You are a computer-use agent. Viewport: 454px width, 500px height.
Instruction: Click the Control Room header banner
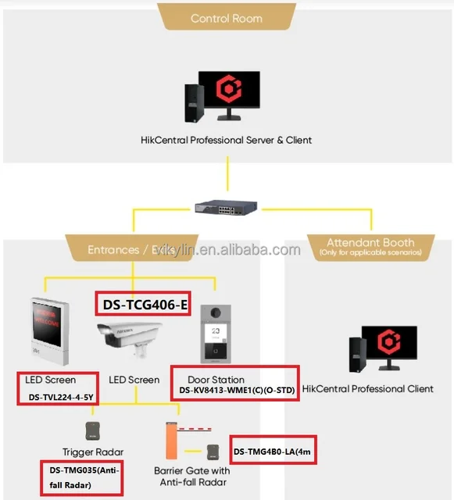click(x=227, y=18)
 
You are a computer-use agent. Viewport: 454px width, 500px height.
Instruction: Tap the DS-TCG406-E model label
click(x=142, y=305)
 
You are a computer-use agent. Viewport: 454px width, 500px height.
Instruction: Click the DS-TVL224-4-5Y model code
click(x=61, y=397)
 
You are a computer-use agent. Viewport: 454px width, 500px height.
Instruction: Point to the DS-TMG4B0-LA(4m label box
click(x=273, y=451)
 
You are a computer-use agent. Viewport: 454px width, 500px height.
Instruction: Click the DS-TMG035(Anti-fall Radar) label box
click(x=81, y=476)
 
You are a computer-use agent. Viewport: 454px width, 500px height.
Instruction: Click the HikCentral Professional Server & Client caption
click(x=227, y=140)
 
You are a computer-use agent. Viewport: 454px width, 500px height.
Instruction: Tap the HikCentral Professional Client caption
click(x=367, y=388)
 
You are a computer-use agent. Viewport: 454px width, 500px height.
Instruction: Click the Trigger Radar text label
click(x=93, y=452)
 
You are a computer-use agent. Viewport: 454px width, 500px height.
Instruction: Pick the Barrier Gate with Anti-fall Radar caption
click(x=191, y=476)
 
